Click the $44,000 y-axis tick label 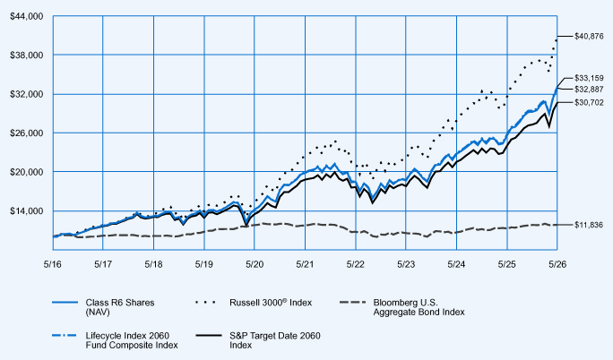(26, 16)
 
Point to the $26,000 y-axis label (26, 133)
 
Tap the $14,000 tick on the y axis (26, 210)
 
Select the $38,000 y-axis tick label (26, 55)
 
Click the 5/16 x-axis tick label (52, 264)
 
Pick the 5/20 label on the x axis (255, 264)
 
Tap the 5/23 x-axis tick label (406, 264)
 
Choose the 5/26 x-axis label (557, 264)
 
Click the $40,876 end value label (589, 37)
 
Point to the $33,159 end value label (589, 78)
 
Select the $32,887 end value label (589, 90)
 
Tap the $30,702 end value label (589, 103)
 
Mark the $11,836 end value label (589, 225)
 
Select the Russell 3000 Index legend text (271, 303)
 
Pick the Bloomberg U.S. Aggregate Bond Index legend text (419, 307)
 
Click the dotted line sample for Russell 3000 (205, 302)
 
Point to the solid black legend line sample (209, 336)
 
